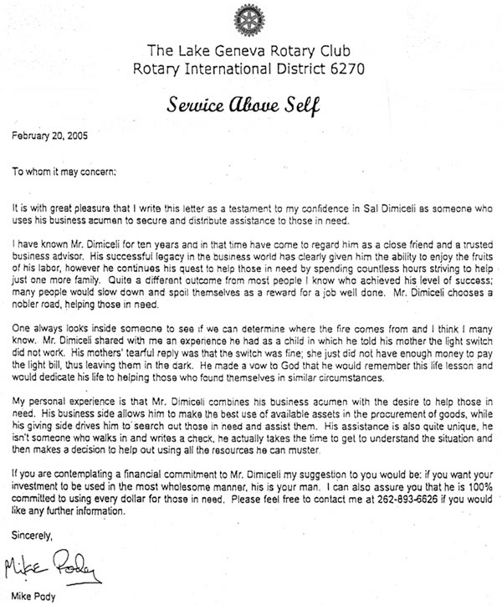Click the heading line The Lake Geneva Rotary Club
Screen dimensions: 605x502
tap(250, 49)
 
